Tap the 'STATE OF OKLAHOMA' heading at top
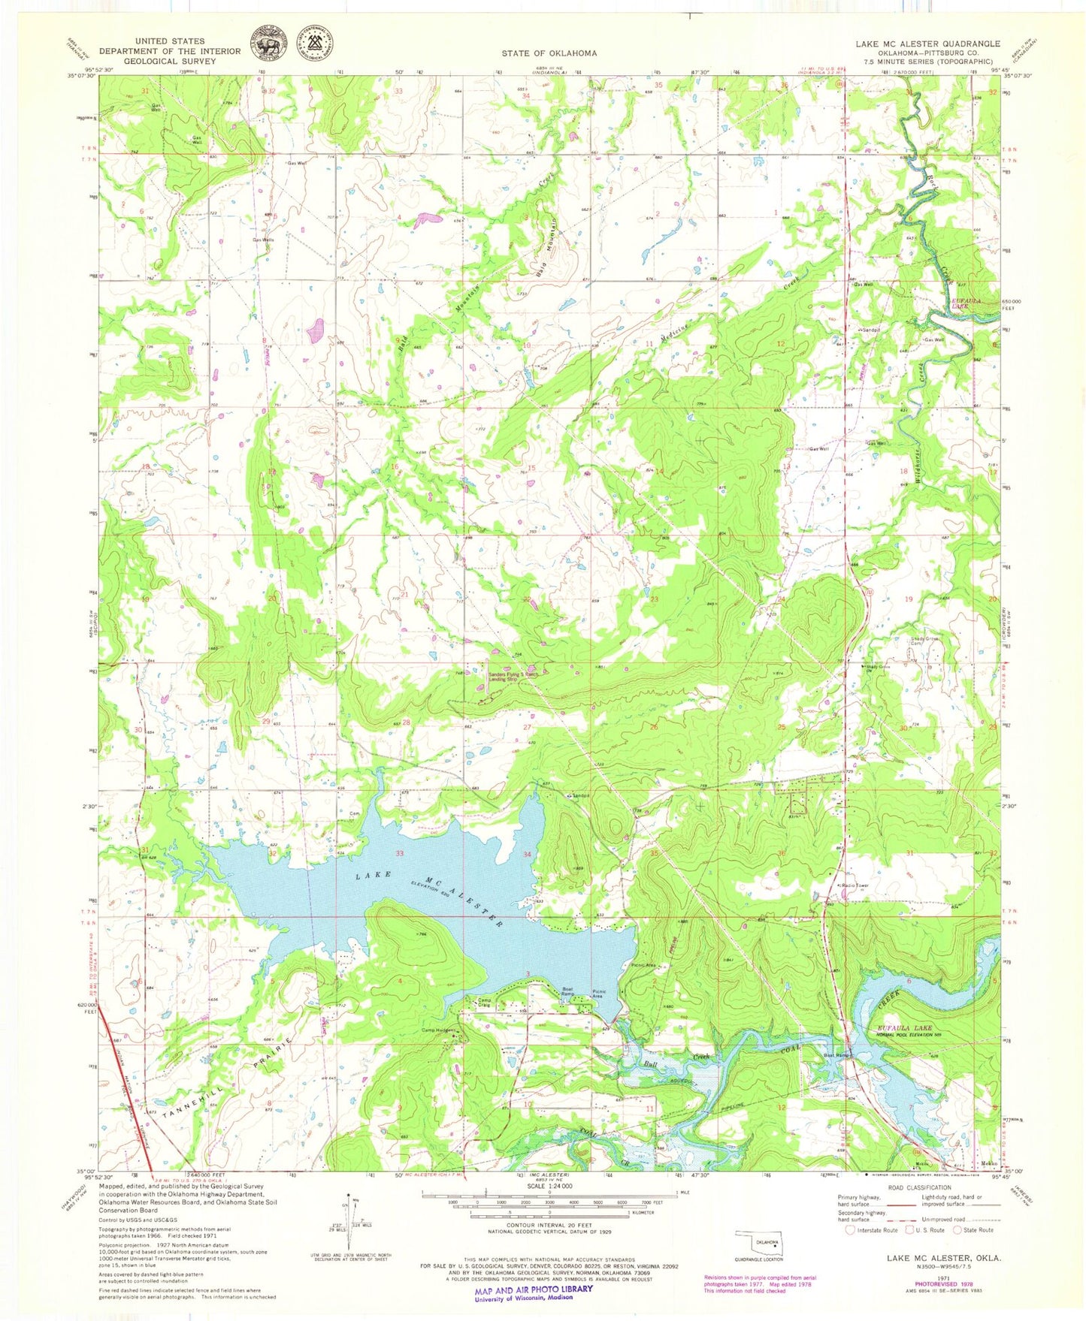[549, 53]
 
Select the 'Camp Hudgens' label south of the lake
[439, 1030]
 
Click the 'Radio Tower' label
[855, 885]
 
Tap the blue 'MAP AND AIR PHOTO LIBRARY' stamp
[533, 1289]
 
